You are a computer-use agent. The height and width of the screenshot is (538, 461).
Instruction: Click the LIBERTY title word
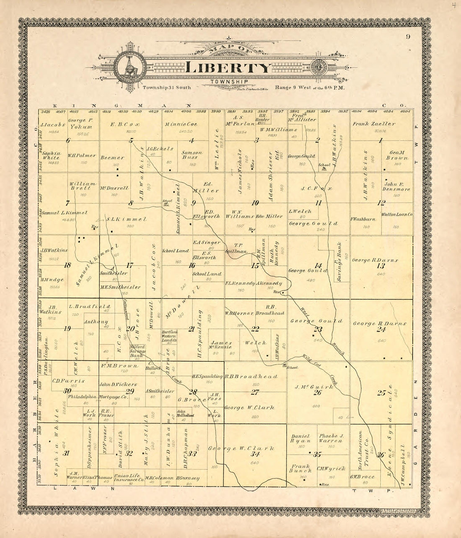[229, 67]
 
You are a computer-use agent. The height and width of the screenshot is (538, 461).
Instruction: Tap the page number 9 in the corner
[408, 37]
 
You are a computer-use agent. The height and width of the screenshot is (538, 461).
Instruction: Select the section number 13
[381, 266]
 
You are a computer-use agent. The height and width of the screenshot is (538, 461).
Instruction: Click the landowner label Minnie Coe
[181, 124]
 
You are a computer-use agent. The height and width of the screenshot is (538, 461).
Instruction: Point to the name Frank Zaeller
[379, 124]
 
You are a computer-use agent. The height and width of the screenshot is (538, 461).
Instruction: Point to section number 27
[255, 392]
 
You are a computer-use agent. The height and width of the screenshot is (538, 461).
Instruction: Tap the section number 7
[67, 203]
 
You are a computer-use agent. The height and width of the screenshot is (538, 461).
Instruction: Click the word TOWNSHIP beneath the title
[229, 81]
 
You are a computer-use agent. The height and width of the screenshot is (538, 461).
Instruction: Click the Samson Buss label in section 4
[192, 155]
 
